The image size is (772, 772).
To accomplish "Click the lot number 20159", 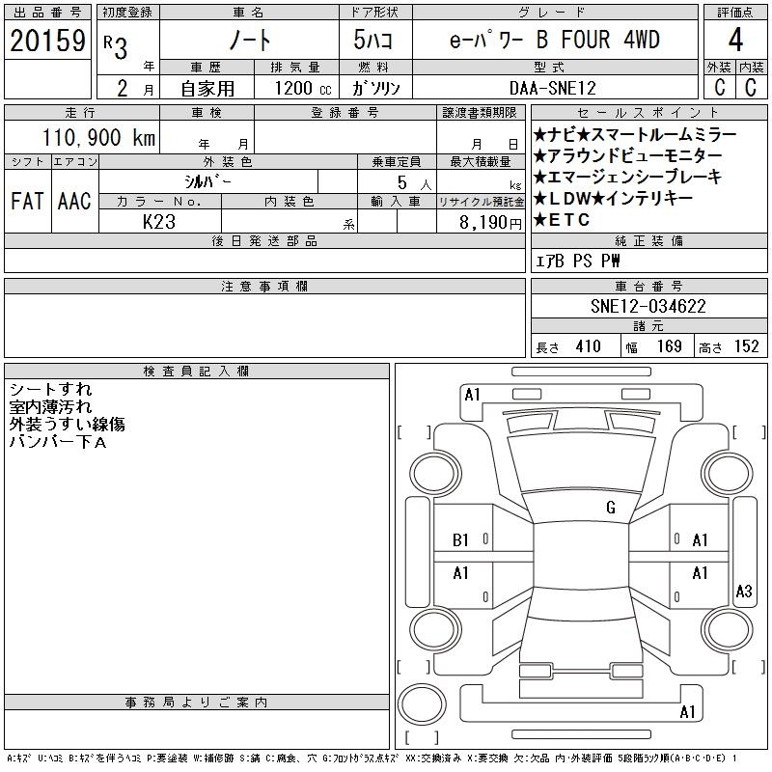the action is (47, 41).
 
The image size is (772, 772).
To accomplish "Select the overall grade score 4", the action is (735, 40).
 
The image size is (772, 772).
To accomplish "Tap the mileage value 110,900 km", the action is (99, 137).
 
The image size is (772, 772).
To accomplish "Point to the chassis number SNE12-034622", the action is (648, 306).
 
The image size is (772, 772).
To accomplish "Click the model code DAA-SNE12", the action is (552, 88).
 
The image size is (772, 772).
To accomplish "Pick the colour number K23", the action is (159, 222).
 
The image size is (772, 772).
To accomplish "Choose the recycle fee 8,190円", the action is (490, 223).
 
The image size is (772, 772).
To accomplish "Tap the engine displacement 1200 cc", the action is (303, 88).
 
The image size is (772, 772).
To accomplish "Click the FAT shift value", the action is (27, 201).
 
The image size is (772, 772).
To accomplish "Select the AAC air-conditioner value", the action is (74, 201).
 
